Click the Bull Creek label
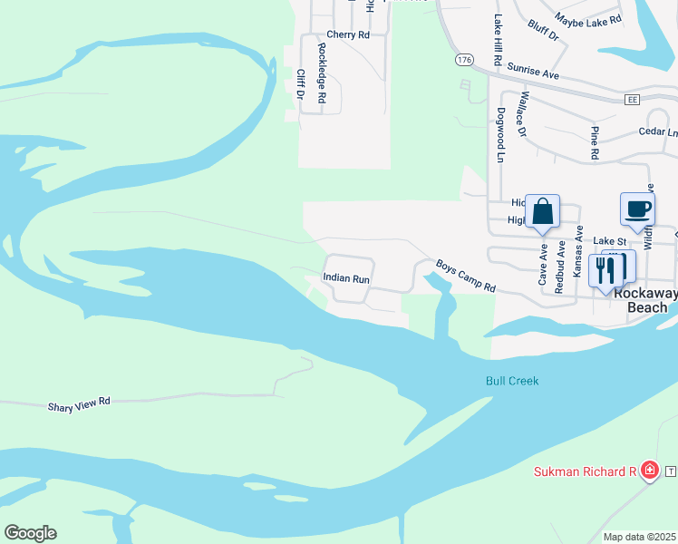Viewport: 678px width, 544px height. (511, 381)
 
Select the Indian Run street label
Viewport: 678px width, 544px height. (346, 280)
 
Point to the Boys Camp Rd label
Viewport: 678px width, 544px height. (466, 277)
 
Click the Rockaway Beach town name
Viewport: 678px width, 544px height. (647, 301)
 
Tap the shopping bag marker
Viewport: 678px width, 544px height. (542, 213)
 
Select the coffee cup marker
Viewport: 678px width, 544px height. (637, 209)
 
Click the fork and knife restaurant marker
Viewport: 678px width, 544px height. (606, 269)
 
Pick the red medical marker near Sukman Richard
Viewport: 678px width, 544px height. (649, 470)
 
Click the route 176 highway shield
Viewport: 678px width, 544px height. (464, 59)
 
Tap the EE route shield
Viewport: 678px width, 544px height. (633, 98)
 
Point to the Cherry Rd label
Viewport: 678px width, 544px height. (348, 34)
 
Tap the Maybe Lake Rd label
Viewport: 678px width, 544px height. (588, 19)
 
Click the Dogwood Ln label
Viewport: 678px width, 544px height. (500, 135)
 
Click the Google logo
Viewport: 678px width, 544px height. (30, 533)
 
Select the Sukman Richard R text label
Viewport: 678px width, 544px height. (585, 471)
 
